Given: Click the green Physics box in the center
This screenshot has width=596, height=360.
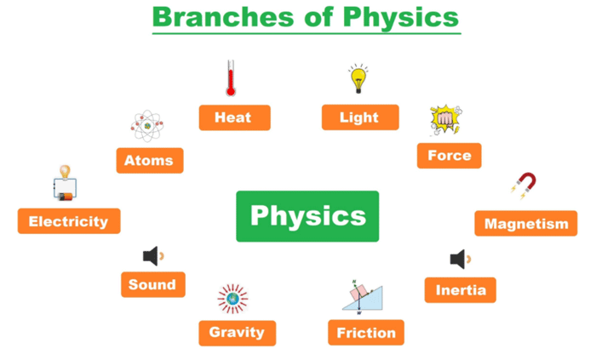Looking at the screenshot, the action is click(x=307, y=216).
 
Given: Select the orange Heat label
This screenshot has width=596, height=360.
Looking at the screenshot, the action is click(x=234, y=117).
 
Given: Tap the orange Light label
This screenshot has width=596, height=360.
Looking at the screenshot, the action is click(x=360, y=117).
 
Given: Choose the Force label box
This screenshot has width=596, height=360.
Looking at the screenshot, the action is click(x=449, y=156).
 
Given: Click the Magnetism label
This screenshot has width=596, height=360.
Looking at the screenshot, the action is click(x=525, y=223).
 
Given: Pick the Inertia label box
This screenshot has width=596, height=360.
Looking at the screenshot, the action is click(x=461, y=290).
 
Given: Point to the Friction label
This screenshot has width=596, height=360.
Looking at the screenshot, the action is click(x=366, y=333).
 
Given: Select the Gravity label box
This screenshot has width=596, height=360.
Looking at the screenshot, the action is click(x=238, y=333).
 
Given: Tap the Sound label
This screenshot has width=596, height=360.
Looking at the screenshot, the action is click(x=153, y=284).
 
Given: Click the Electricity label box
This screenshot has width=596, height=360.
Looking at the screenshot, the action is click(x=69, y=221).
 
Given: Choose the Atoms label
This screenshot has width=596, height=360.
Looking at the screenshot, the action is click(x=150, y=161).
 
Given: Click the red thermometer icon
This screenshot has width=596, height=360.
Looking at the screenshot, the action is click(x=231, y=77).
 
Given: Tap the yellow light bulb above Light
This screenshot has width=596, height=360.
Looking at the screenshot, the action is click(x=358, y=78).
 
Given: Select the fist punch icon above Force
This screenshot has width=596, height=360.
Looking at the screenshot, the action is click(x=446, y=120).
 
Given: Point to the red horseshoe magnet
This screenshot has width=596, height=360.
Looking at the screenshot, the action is click(x=524, y=186).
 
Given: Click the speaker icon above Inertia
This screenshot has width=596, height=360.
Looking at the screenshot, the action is click(x=461, y=260).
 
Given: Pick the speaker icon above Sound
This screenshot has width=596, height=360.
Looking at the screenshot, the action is click(x=153, y=256).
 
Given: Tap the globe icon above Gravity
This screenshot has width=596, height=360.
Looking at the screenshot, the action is click(x=232, y=299).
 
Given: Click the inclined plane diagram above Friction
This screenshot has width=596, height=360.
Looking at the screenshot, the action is click(x=362, y=297).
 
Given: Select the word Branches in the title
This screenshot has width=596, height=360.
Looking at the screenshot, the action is click(x=223, y=17).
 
